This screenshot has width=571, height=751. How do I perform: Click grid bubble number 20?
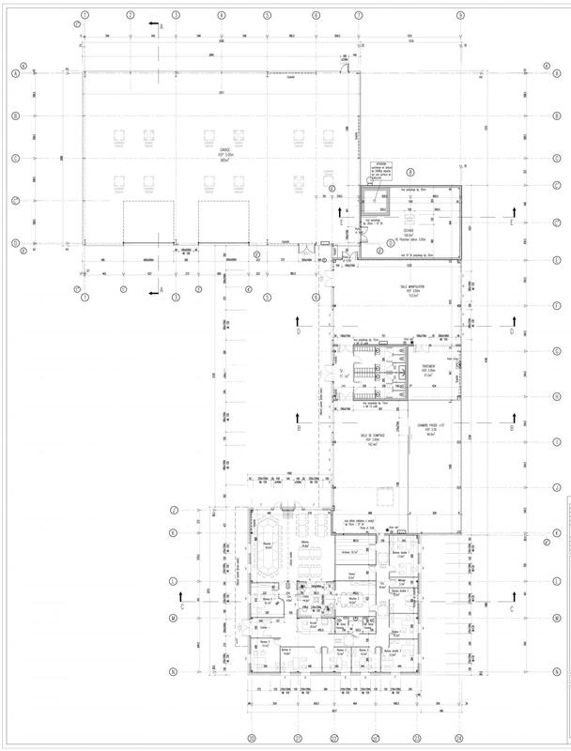click(252, 738)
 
